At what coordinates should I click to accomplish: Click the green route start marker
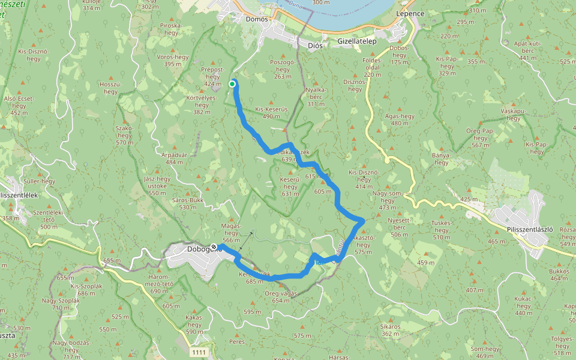tap(232, 84)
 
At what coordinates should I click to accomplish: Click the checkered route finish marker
tap(214, 247)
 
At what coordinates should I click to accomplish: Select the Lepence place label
tap(410, 13)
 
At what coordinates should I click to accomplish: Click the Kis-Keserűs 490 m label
tap(272, 113)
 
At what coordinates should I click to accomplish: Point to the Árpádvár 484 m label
tap(173, 158)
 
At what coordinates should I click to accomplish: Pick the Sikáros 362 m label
tap(390, 330)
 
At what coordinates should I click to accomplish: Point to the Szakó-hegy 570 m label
tap(124, 134)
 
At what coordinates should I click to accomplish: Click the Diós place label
tap(314, 46)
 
